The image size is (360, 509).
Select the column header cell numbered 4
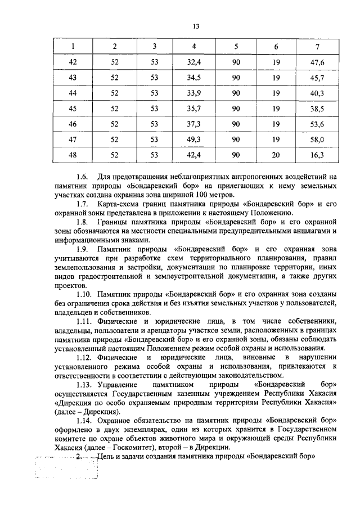(193, 46)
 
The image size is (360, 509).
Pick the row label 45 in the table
(72, 108)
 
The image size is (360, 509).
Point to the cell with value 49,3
(193, 139)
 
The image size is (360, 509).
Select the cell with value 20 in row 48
(276, 154)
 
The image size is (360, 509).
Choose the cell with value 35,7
(193, 108)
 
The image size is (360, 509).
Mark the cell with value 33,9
(193, 93)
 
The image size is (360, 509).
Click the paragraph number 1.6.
(82, 177)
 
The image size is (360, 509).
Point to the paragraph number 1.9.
(82, 249)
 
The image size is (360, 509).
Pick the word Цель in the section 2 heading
(105, 457)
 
